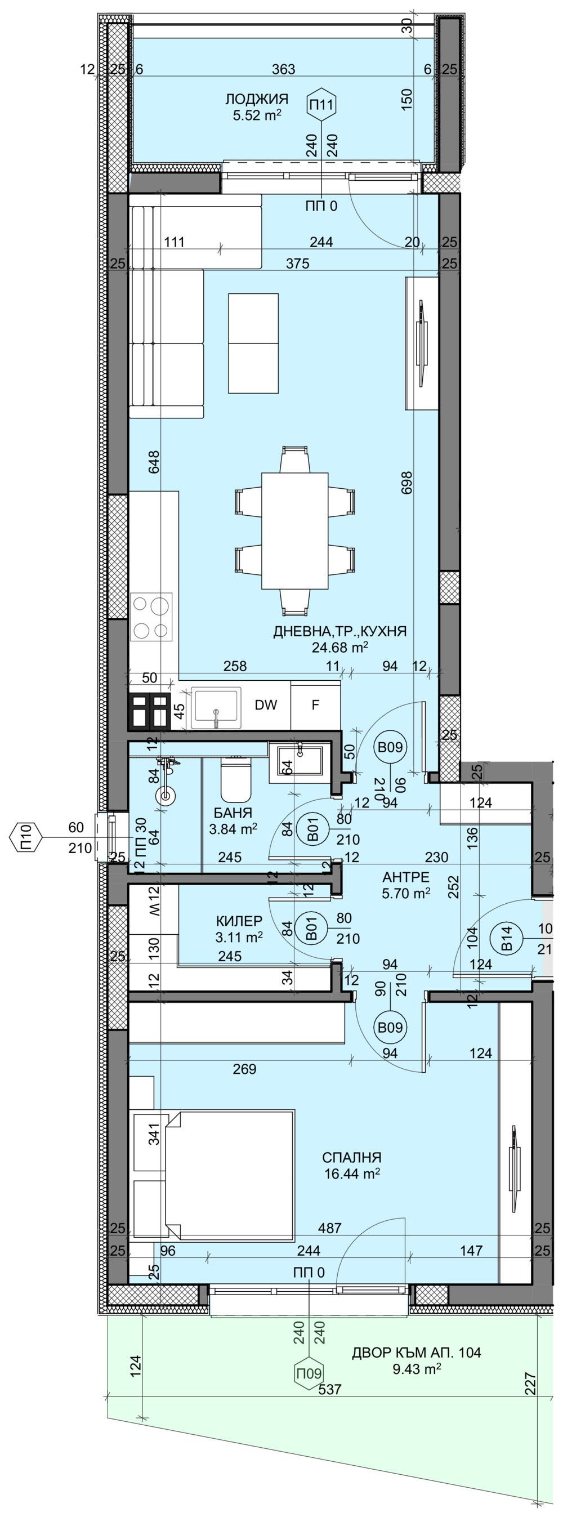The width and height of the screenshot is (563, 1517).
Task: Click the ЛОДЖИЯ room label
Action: pos(256,99)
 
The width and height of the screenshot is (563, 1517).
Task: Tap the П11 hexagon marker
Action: pos(321,105)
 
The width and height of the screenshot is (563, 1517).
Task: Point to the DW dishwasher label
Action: pos(266,705)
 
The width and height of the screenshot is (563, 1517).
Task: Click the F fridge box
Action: pos(316,705)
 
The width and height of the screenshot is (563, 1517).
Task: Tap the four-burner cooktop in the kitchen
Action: pos(151,617)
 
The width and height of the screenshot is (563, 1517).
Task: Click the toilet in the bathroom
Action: pos(236,775)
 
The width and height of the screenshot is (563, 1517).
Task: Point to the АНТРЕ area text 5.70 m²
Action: pos(406,893)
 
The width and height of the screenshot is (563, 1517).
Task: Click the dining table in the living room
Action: pos(294,530)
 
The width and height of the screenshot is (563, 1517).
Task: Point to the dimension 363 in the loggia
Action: pos(284,69)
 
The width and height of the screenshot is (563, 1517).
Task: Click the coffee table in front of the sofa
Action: pos(253,343)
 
